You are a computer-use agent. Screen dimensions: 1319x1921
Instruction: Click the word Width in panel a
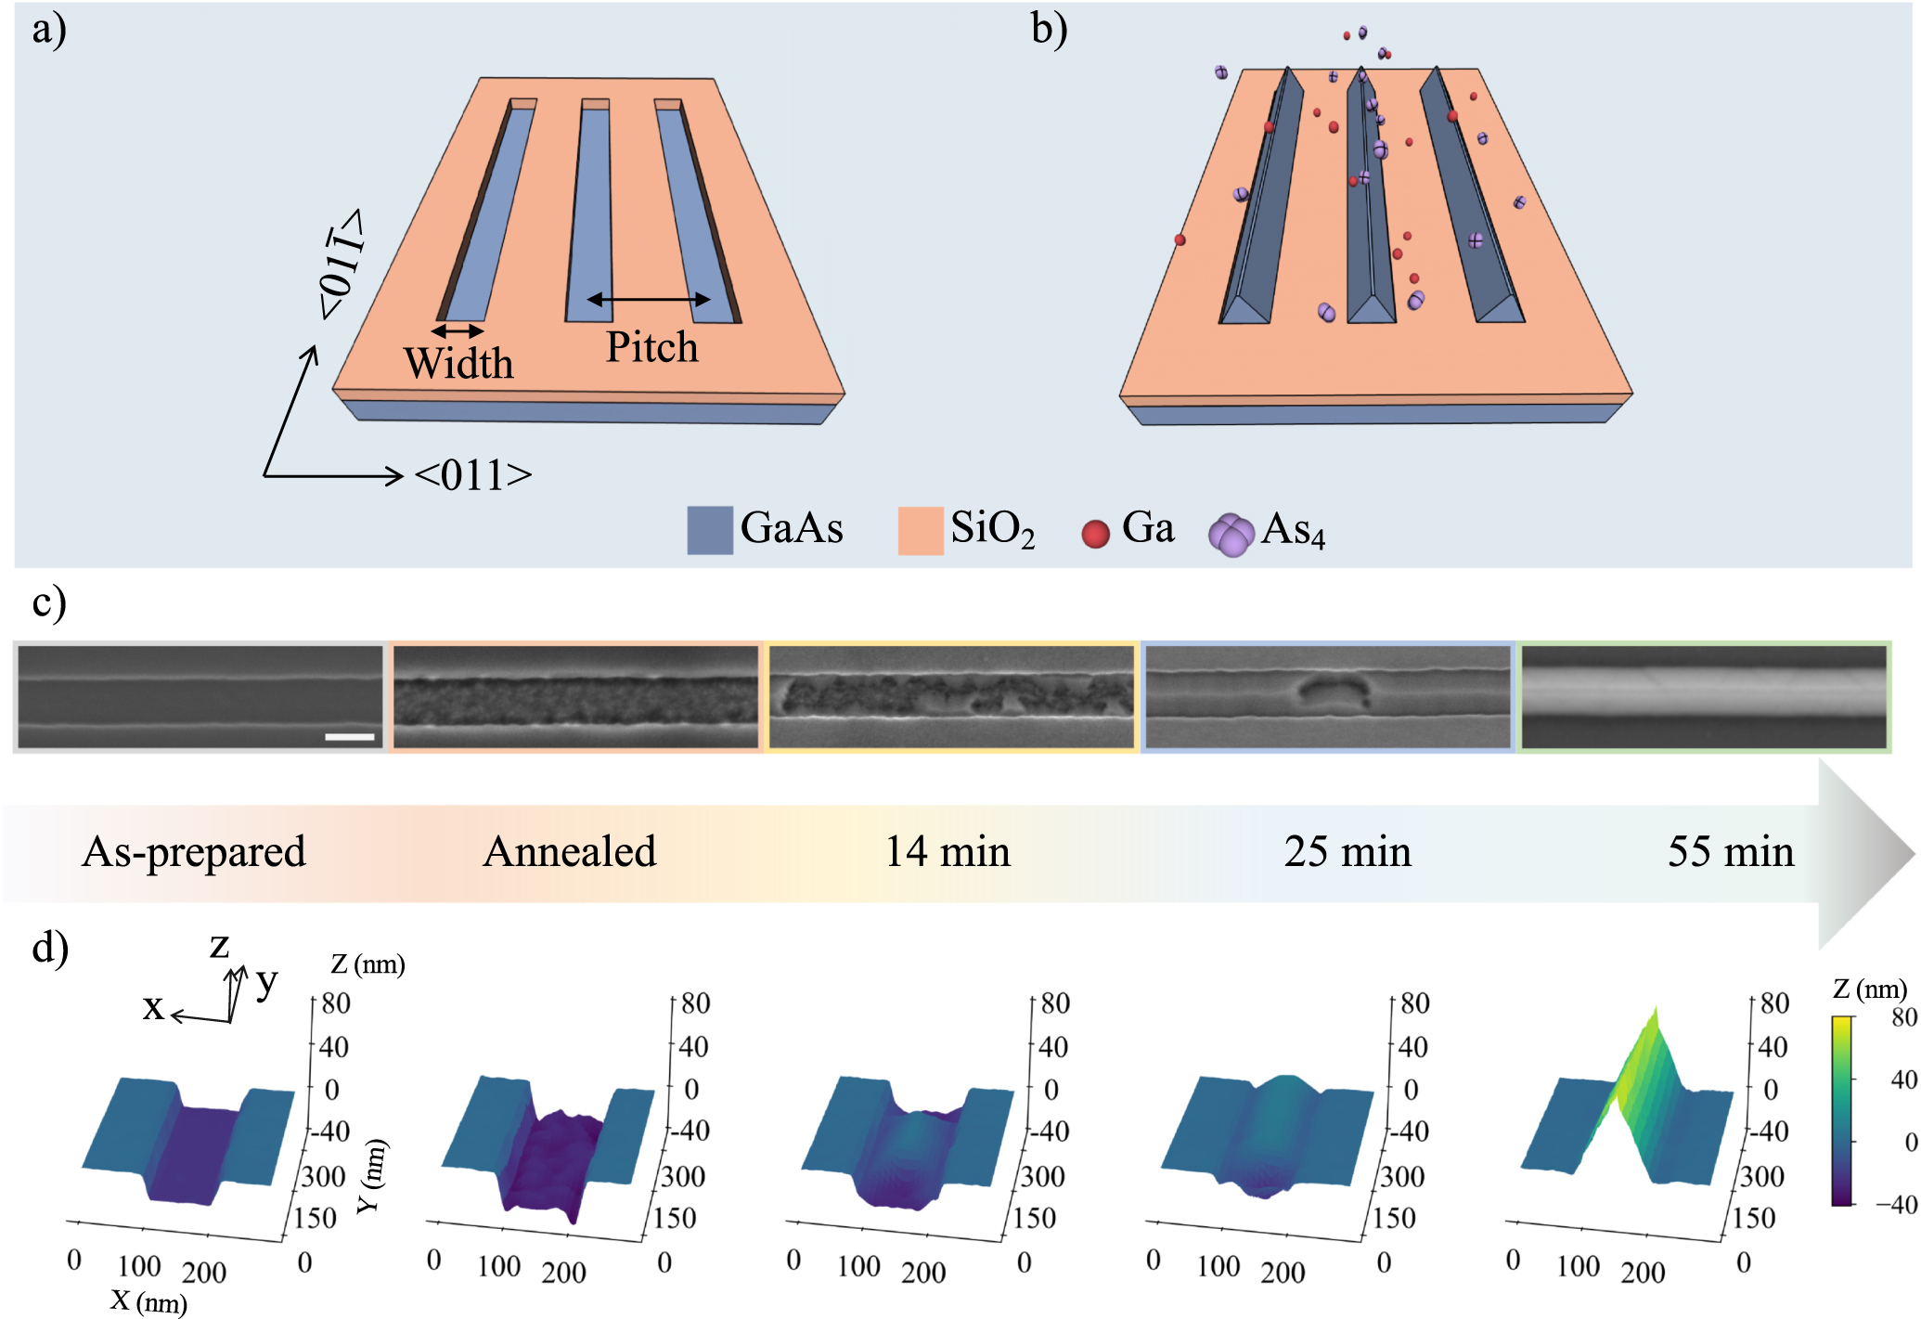(x=458, y=363)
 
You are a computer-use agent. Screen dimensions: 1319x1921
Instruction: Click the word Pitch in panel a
(x=651, y=347)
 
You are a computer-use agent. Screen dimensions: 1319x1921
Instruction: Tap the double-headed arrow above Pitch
(x=649, y=299)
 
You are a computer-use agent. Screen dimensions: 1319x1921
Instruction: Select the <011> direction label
(x=473, y=475)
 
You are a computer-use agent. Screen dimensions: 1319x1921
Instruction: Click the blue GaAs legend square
(x=709, y=530)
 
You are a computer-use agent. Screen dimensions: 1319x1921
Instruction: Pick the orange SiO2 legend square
(x=920, y=530)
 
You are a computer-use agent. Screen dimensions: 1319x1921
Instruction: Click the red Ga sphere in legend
(x=1095, y=534)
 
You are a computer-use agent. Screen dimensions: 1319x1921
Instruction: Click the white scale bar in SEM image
(x=350, y=737)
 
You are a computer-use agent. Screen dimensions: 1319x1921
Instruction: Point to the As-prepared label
(x=194, y=851)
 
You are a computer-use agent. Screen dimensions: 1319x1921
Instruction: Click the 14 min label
(x=948, y=851)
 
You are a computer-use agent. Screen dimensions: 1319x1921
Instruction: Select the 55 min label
(x=1731, y=851)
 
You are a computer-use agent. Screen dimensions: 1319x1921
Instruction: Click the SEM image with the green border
(x=1704, y=696)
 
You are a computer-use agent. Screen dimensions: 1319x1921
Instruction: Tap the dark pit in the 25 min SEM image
(x=1333, y=692)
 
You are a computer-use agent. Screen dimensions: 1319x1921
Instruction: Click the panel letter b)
(x=1049, y=30)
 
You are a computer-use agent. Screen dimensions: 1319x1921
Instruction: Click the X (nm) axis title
(x=148, y=1301)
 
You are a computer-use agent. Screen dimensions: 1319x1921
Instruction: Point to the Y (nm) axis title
(x=371, y=1176)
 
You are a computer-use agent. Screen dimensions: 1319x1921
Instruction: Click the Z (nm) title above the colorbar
(x=1869, y=989)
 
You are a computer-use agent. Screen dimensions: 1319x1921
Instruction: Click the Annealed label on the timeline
(x=570, y=851)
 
